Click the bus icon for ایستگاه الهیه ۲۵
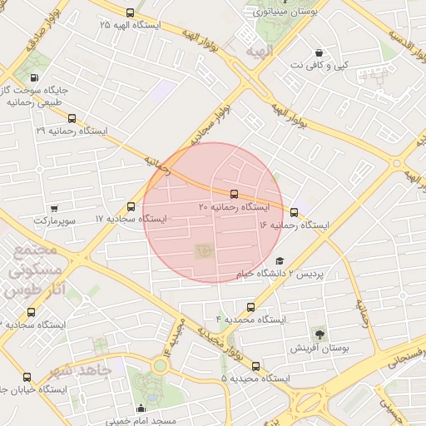(129, 12)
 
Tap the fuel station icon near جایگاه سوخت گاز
(33, 77)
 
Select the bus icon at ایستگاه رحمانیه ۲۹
(72, 119)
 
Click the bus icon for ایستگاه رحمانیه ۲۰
(232, 193)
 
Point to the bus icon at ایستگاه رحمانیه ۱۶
(294, 212)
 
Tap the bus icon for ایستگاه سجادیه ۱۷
(131, 206)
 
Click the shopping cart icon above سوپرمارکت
(54, 208)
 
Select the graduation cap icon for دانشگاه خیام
(279, 260)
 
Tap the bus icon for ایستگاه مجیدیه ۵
(255, 366)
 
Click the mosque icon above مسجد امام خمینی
(141, 408)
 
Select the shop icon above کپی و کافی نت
(319, 52)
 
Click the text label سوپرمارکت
(54, 221)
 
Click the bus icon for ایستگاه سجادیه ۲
(32, 312)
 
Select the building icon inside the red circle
(204, 250)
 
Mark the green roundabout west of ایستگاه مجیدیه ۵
(160, 366)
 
